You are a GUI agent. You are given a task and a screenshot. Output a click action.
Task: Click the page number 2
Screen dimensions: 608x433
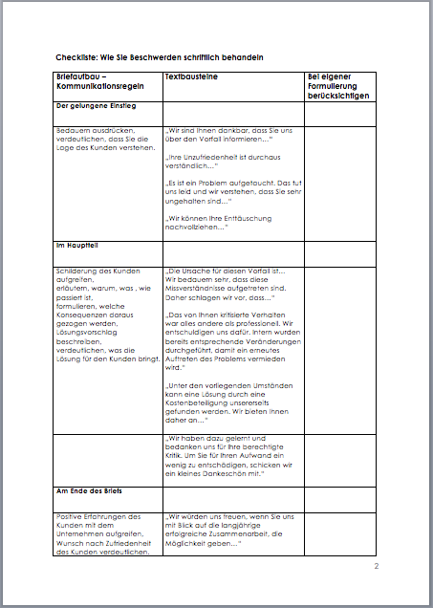377,567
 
